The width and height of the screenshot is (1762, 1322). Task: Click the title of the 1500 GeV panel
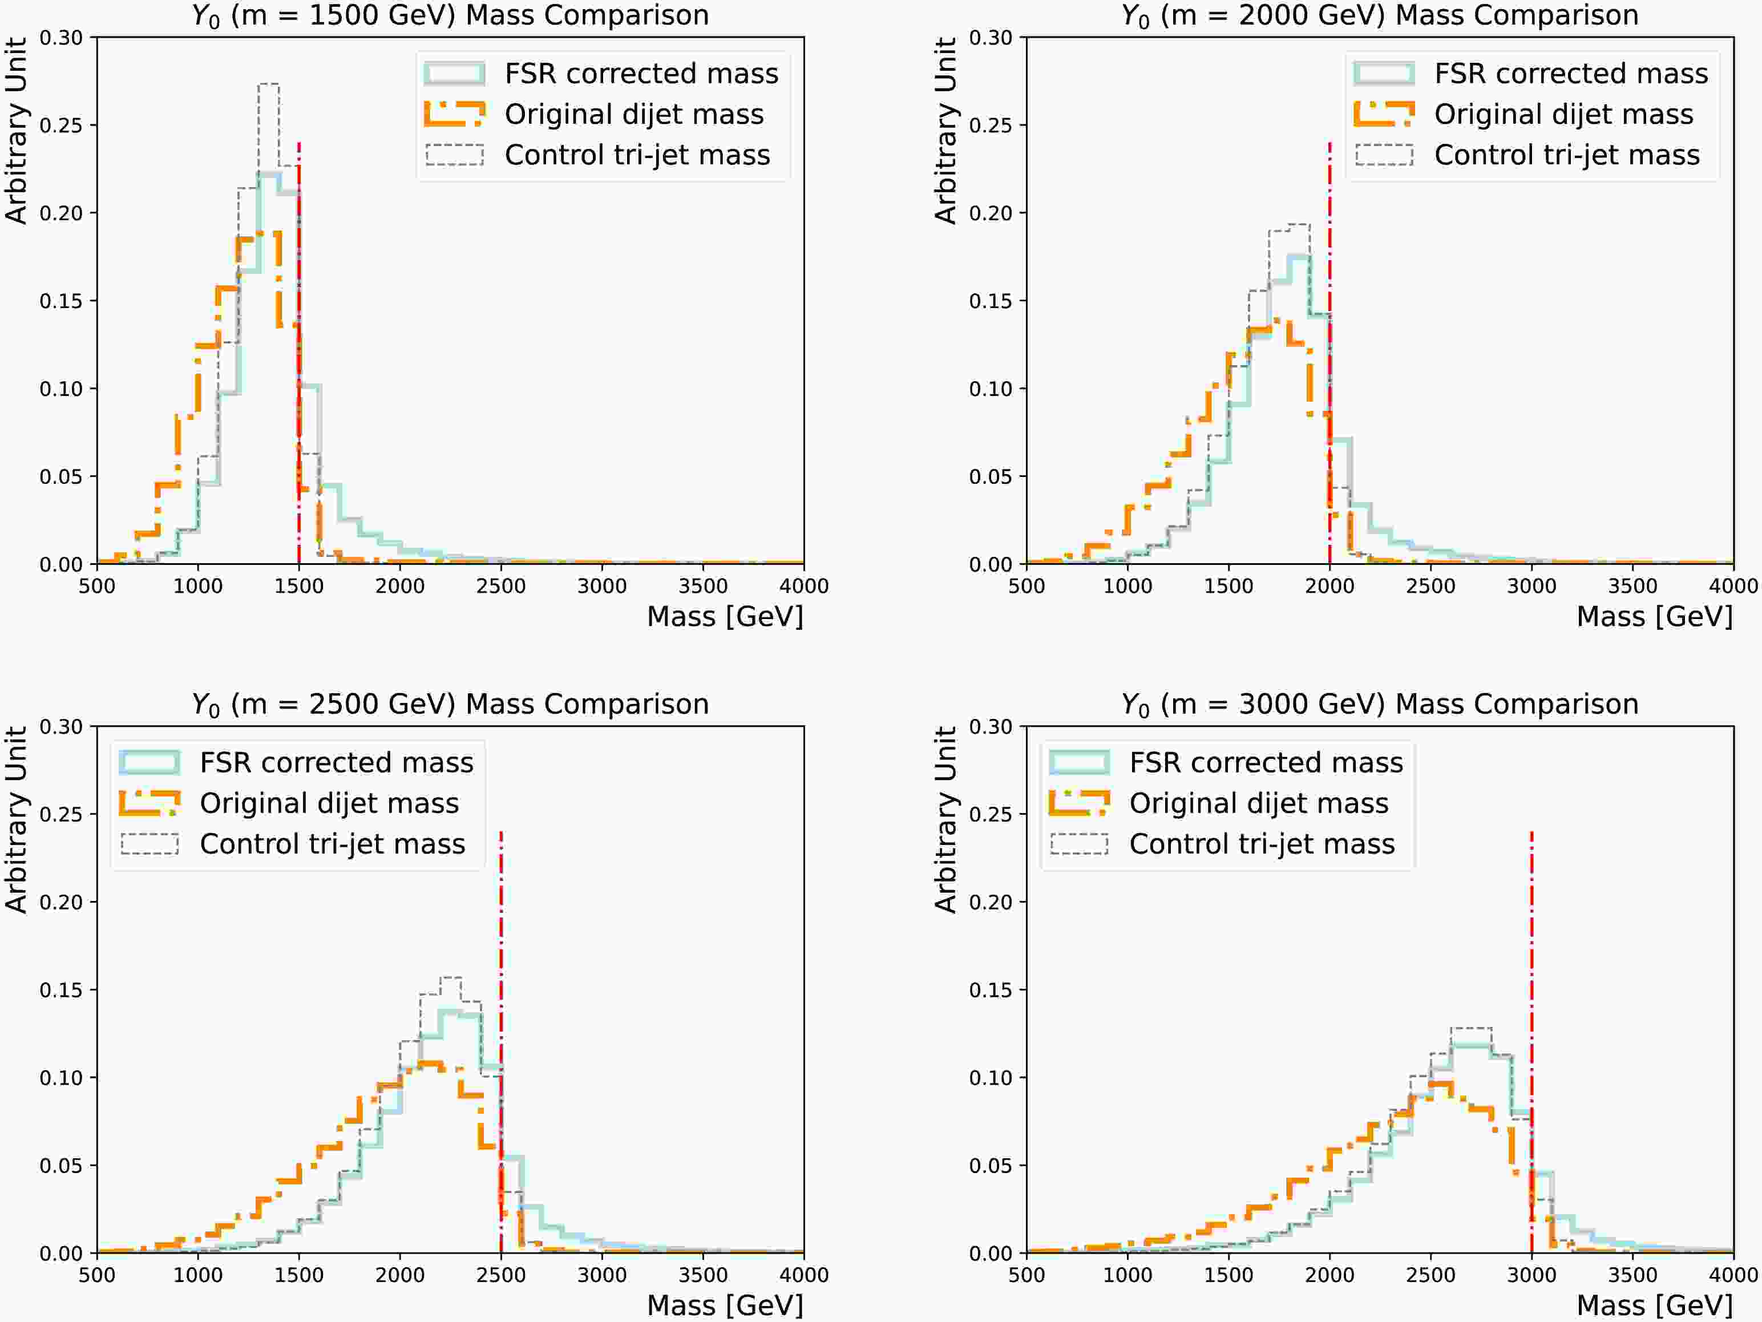[450, 15]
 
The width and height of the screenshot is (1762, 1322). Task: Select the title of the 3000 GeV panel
[1380, 704]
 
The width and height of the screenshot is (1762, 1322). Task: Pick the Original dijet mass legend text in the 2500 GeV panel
[329, 803]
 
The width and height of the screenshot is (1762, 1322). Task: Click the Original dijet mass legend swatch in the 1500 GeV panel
[454, 114]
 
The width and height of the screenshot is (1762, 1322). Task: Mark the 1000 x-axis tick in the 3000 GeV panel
[1127, 1275]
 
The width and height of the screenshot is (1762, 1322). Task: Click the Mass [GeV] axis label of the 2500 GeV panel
[725, 1304]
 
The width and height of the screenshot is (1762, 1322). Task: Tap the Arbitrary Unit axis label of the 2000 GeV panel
[945, 131]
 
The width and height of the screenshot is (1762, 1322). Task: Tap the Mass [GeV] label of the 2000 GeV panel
[1655, 616]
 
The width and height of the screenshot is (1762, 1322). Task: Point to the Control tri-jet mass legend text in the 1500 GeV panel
[637, 155]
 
